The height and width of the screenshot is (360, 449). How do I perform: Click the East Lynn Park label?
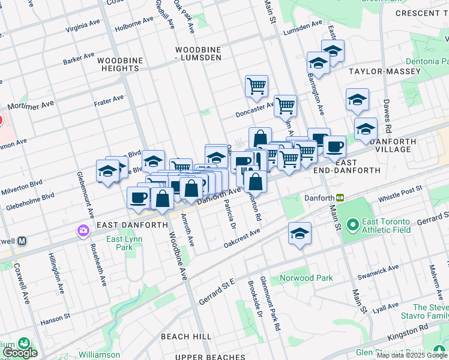(x=119, y=243)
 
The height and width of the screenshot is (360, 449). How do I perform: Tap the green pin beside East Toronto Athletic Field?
(x=353, y=226)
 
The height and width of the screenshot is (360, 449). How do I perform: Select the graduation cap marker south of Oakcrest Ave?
(x=300, y=235)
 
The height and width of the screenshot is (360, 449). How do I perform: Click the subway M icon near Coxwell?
(x=22, y=241)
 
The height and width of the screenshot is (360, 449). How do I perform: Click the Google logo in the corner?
(x=20, y=353)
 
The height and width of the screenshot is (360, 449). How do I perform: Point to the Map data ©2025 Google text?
(x=412, y=355)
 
